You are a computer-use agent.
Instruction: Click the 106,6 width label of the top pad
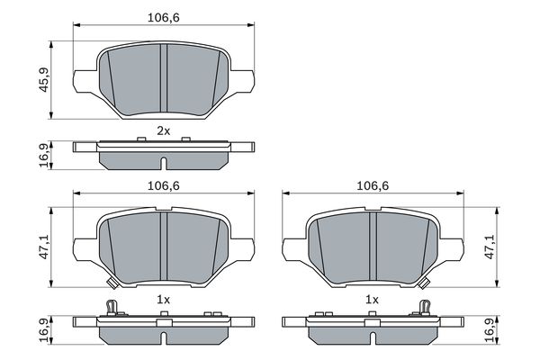pos(164,17)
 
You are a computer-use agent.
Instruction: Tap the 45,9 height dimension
pos(44,80)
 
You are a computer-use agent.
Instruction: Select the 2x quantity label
pos(164,130)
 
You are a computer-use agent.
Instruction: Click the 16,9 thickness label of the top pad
pos(44,156)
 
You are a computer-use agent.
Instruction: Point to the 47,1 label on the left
pos(44,247)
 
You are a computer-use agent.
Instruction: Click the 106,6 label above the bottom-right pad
pos(373,186)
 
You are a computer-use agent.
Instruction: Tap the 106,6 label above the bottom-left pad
pos(164,186)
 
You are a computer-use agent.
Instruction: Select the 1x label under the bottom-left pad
pos(164,300)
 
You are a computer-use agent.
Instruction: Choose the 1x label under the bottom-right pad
pos(372,300)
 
